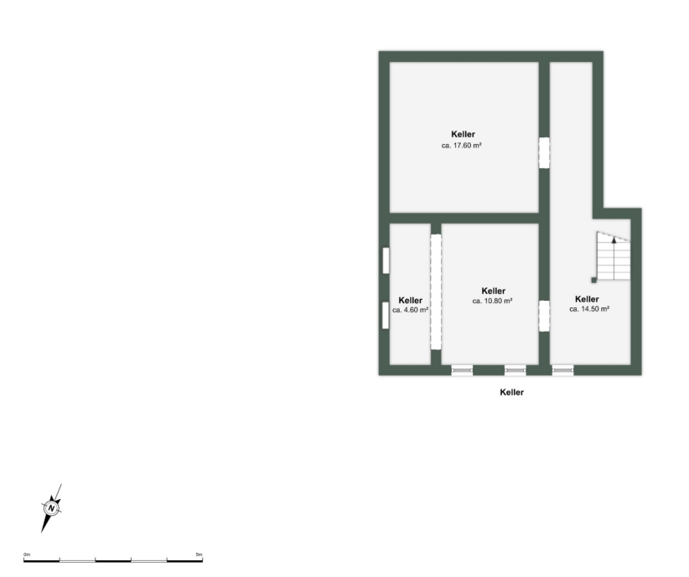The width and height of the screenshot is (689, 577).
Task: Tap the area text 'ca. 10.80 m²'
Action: click(x=492, y=301)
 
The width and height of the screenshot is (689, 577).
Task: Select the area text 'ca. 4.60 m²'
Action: click(x=410, y=310)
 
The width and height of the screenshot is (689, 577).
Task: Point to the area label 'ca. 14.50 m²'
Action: click(x=588, y=309)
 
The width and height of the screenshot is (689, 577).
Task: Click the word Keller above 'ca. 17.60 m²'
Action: click(x=463, y=134)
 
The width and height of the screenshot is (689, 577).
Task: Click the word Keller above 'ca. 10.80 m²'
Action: click(x=494, y=291)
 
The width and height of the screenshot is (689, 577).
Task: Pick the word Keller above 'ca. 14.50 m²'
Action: click(x=587, y=299)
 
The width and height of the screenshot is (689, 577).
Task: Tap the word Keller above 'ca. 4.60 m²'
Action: click(x=410, y=300)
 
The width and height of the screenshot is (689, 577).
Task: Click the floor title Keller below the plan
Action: click(x=511, y=392)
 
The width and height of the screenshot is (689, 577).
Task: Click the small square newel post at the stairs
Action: click(x=594, y=280)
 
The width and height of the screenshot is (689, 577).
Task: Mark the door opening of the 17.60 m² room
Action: click(x=543, y=152)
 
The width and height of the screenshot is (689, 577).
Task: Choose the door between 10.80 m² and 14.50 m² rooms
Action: click(x=543, y=316)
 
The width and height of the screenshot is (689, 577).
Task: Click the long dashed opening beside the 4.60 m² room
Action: click(x=435, y=291)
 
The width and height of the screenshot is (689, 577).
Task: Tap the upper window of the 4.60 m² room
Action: click(x=386, y=260)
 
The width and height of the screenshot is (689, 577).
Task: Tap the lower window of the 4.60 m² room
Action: click(x=385, y=316)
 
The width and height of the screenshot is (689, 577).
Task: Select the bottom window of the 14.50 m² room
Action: click(x=562, y=369)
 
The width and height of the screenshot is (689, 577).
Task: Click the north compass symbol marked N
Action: click(x=52, y=507)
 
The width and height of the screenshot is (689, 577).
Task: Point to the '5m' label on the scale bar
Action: click(x=198, y=554)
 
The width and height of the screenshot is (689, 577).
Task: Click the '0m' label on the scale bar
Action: click(x=27, y=554)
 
